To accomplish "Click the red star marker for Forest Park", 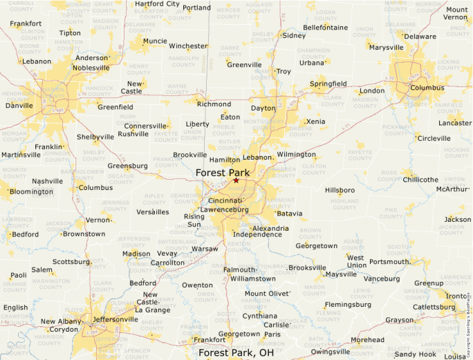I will (236, 180).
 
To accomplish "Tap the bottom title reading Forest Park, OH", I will (236, 352).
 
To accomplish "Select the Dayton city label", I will (263, 108).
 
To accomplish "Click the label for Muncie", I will (155, 41).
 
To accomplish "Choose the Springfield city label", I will (328, 84).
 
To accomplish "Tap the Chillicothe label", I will (420, 180).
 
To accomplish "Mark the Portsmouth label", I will (389, 262).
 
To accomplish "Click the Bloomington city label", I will (31, 191).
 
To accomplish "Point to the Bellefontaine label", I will (325, 28).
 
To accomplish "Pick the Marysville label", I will (386, 48).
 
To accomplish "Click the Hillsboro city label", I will (340, 189).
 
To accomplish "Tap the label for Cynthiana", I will (259, 316).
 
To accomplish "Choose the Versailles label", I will (153, 212).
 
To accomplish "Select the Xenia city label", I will (315, 122).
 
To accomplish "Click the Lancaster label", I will (455, 122).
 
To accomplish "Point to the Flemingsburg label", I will (348, 304).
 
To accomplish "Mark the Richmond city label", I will (214, 104).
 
